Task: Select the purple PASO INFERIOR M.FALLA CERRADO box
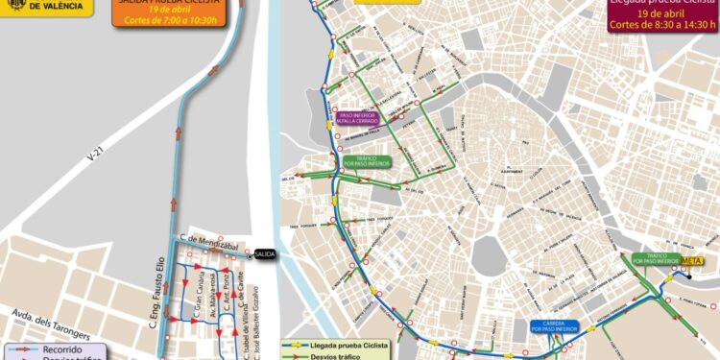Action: coord(357,120)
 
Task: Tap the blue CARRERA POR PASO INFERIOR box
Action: coord(558,327)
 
